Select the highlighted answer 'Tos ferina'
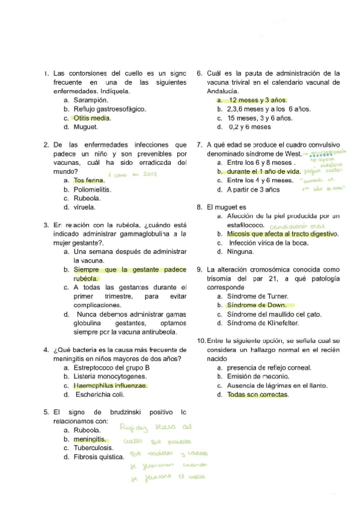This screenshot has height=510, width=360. (x=88, y=180)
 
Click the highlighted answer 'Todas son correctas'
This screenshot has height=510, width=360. (x=257, y=395)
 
